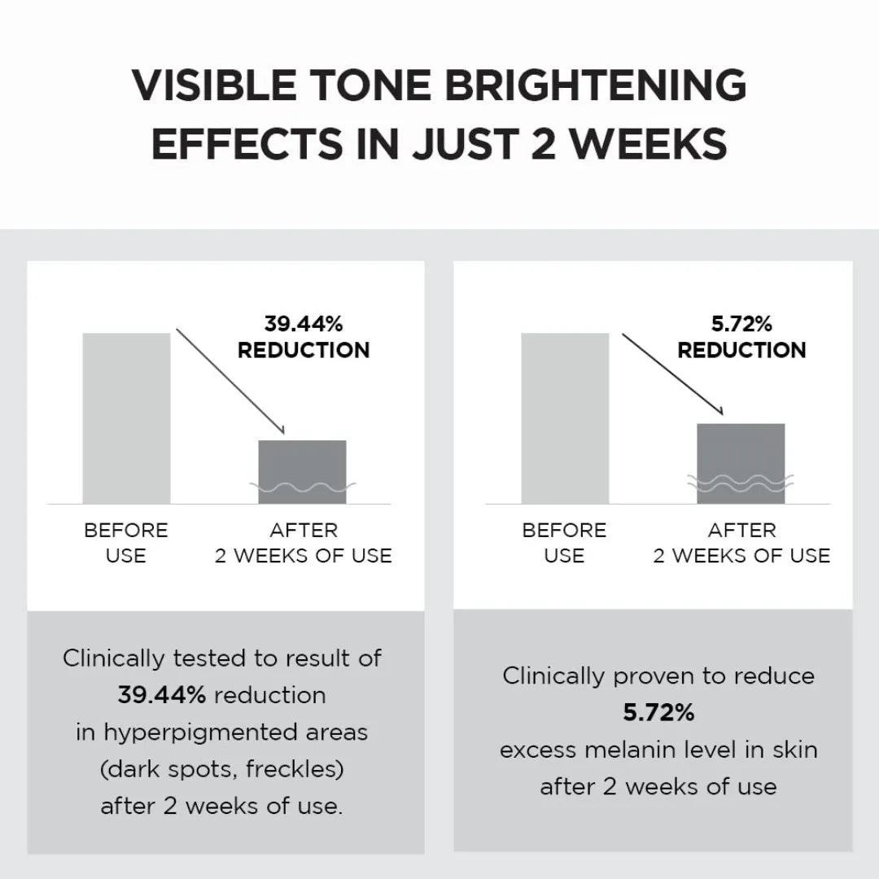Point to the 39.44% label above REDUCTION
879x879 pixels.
[x=304, y=324]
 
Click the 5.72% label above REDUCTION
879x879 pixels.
[x=741, y=324]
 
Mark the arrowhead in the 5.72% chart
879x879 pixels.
[x=719, y=411]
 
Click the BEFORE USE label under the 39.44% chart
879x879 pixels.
[x=126, y=543]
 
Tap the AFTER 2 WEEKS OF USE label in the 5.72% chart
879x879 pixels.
[x=741, y=543]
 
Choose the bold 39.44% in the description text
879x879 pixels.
[x=161, y=695]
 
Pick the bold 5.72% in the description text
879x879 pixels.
[x=658, y=713]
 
